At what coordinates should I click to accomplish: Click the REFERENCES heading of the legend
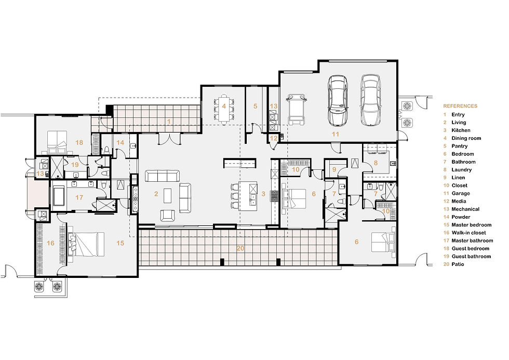pos(460,106)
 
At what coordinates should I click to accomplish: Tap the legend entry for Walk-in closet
pos(468,233)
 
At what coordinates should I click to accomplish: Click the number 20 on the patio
pos(240,248)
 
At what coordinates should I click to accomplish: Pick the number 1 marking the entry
pos(168,121)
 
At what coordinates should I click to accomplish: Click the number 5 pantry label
pos(255,106)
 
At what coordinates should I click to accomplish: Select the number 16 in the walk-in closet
pos(51,243)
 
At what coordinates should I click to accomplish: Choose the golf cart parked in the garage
pos(297,109)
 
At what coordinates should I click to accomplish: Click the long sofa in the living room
pos(162,176)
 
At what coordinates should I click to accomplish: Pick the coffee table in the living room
pos(167,195)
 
